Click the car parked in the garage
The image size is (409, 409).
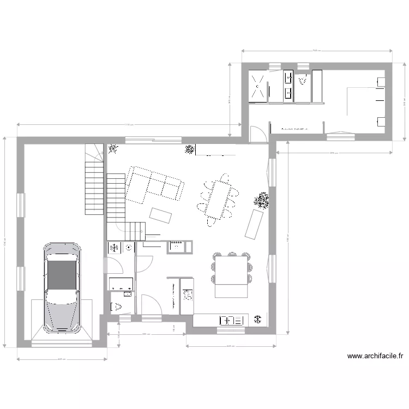[62, 287]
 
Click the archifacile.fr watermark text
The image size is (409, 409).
[376, 357]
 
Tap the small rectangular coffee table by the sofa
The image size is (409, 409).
[161, 215]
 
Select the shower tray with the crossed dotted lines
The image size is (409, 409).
[258, 86]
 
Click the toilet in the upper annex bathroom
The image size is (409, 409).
[303, 81]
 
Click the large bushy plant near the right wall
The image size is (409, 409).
[262, 201]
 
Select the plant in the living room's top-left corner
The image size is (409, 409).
[113, 148]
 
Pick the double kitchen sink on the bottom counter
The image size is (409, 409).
[230, 320]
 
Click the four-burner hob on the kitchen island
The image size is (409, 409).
[188, 294]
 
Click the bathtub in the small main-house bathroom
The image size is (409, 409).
[121, 284]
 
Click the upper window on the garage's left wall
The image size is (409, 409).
[21, 205]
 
